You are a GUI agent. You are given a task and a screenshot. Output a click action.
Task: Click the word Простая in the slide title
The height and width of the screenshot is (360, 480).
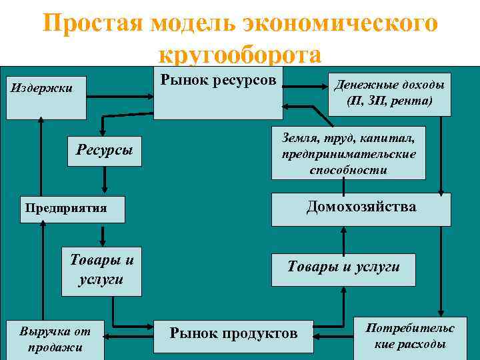(x=93, y=23)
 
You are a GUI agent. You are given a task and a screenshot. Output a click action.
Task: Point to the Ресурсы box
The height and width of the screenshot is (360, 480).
(x=105, y=149)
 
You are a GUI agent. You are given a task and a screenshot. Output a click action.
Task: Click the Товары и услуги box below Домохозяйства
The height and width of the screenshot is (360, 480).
(x=343, y=267)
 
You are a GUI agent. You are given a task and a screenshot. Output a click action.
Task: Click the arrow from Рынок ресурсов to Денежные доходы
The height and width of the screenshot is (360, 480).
(x=307, y=85)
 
